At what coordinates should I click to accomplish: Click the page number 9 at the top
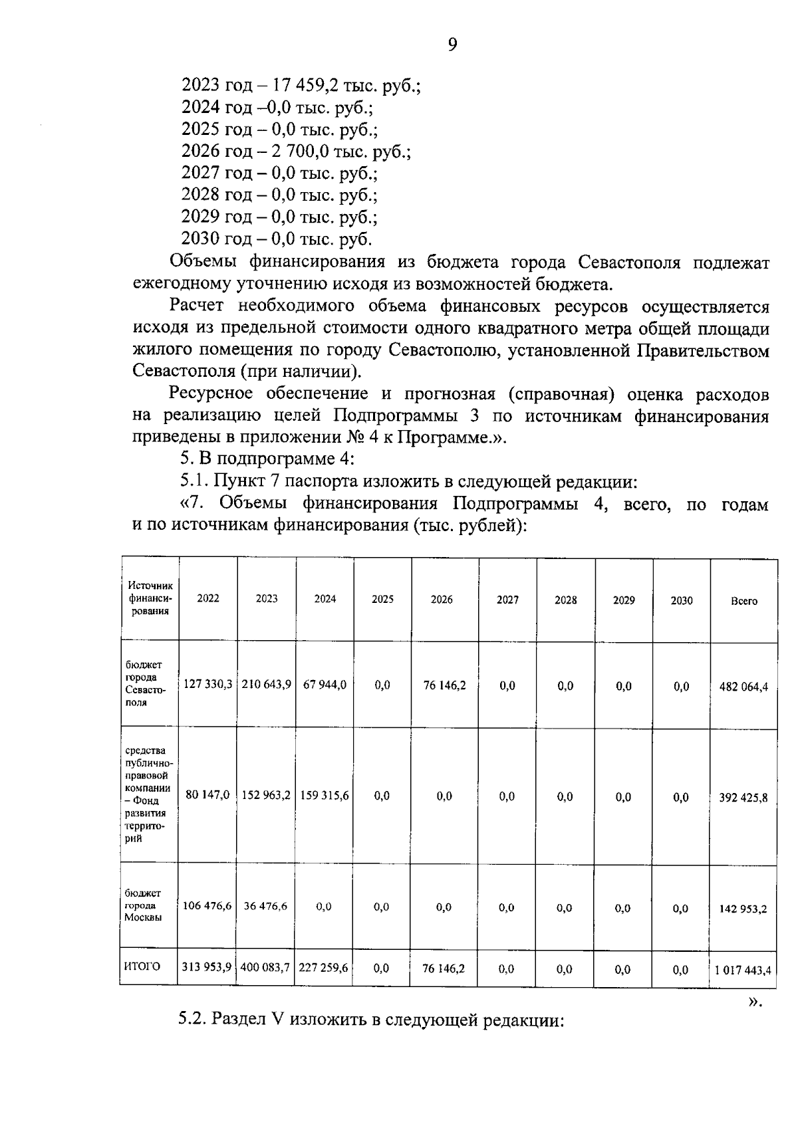coord(452,45)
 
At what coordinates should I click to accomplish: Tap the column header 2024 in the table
coord(325,599)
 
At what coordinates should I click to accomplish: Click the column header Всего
coord(743,601)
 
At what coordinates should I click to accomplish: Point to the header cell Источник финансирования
coord(150,598)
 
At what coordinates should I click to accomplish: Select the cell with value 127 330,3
coord(207,685)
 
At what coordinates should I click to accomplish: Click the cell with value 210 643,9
coord(266,685)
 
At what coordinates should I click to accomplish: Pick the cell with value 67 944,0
coord(325,685)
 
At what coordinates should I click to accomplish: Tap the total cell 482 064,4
coord(743,687)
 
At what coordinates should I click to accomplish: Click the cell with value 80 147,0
coord(207,795)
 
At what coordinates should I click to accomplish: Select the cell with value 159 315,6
coord(325,795)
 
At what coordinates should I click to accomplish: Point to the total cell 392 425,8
coord(743,797)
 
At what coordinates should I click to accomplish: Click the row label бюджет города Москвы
coord(143,905)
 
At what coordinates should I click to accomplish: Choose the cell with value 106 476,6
coord(207,906)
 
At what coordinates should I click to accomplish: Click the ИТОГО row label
coord(142,967)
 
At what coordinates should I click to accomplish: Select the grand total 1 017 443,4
coord(743,970)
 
